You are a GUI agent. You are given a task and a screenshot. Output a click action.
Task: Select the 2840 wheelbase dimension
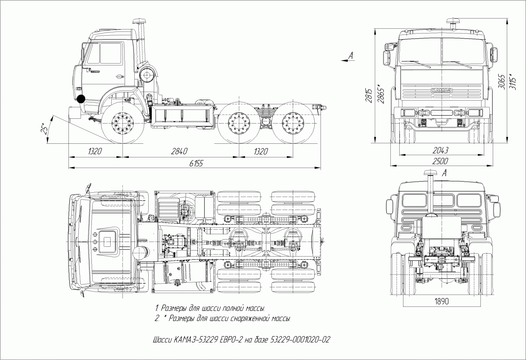click(179, 151)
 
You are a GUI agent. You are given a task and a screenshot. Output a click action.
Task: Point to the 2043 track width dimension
click(440, 150)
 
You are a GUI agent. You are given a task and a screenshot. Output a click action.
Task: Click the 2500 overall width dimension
click(440, 161)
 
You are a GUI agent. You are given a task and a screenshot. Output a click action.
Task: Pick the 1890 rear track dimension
click(441, 301)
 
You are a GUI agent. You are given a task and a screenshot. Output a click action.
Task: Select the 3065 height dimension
click(501, 81)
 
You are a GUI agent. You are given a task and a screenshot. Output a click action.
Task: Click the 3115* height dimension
click(513, 81)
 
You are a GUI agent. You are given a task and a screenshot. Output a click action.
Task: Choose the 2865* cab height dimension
click(380, 93)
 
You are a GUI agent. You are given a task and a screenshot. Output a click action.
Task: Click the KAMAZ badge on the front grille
click(441, 90)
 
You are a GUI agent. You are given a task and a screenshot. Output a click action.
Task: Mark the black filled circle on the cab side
click(81, 99)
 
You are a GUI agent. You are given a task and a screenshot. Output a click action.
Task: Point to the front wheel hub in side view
click(122, 123)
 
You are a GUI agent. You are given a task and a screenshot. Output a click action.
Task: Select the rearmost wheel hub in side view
click(292, 123)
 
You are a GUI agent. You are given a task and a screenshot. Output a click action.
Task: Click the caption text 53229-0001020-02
click(300, 340)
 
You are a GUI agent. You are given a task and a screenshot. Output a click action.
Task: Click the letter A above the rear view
click(444, 173)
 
